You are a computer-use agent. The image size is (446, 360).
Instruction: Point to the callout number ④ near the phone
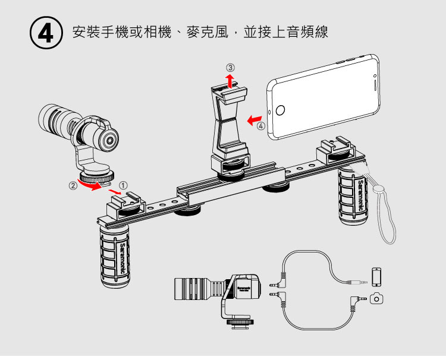[261, 125]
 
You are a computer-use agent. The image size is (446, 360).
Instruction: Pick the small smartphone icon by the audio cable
[376, 276]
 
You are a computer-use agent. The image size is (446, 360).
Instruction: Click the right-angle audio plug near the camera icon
[356, 295]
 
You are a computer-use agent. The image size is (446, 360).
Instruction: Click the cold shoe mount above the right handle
[336, 151]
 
